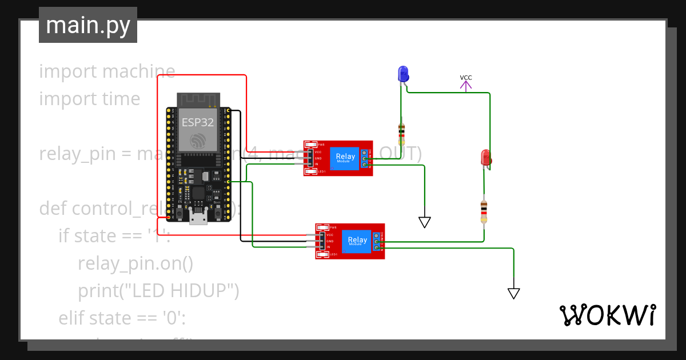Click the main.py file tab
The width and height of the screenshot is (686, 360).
coord(87,25)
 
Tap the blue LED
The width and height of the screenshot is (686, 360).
coord(403,74)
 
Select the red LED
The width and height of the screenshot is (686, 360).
coord(486,158)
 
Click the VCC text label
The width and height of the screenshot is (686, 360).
coord(466,78)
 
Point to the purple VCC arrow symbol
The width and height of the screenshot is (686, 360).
coord(466,86)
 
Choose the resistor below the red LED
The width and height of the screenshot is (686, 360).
coord(484,211)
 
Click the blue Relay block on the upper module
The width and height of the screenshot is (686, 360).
coord(345,158)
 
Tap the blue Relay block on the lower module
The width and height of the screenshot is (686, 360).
coord(358,241)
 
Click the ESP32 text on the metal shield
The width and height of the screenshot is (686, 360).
coord(197,122)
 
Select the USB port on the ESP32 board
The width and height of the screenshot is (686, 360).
coord(198,217)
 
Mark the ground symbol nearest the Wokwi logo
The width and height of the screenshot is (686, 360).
coord(513,293)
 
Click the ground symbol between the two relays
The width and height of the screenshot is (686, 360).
coord(424,222)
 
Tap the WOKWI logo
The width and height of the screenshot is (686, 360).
coord(607,315)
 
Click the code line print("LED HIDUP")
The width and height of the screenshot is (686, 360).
coord(158,291)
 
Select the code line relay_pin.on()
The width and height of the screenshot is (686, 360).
coord(135,263)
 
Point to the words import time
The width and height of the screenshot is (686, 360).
coord(90,99)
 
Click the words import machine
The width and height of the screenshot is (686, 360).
coord(107,71)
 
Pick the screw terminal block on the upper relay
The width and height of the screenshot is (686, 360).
coord(364,159)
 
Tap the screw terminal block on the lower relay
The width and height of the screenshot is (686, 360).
coord(377,242)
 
